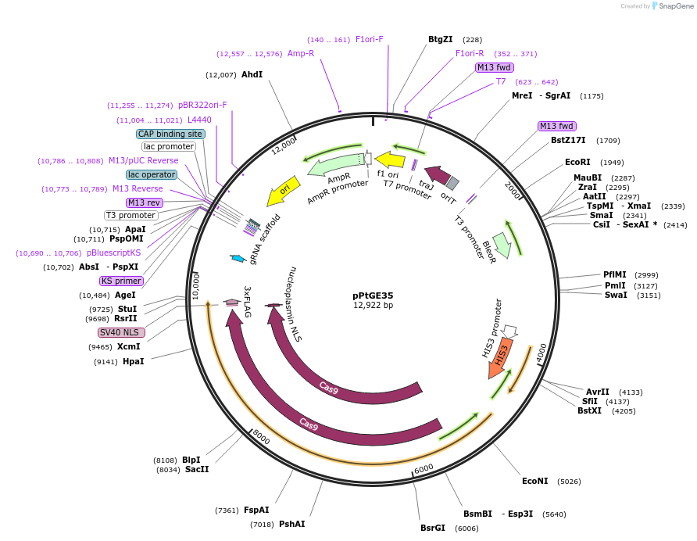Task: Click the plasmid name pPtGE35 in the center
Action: tap(373, 296)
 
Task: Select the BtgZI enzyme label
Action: tap(440, 39)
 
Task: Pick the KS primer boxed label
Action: tap(122, 281)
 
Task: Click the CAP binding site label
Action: tap(170, 134)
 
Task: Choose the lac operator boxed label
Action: tap(152, 174)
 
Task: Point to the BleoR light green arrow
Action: tap(502, 244)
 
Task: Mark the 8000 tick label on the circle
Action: tap(261, 439)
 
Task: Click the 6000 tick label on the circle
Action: tap(424, 468)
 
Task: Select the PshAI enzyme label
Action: tap(291, 524)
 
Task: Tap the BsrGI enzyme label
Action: tap(432, 528)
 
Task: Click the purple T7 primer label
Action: tap(501, 81)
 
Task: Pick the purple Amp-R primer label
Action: tap(301, 53)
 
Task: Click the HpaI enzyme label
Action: tap(133, 361)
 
